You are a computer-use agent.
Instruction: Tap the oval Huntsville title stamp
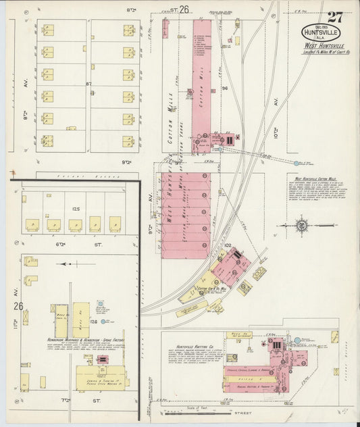[x=321, y=32]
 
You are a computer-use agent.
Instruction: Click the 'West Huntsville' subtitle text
[x=321, y=46]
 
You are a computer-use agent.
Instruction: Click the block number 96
[x=224, y=89]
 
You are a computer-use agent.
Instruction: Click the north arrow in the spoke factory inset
[x=66, y=264]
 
